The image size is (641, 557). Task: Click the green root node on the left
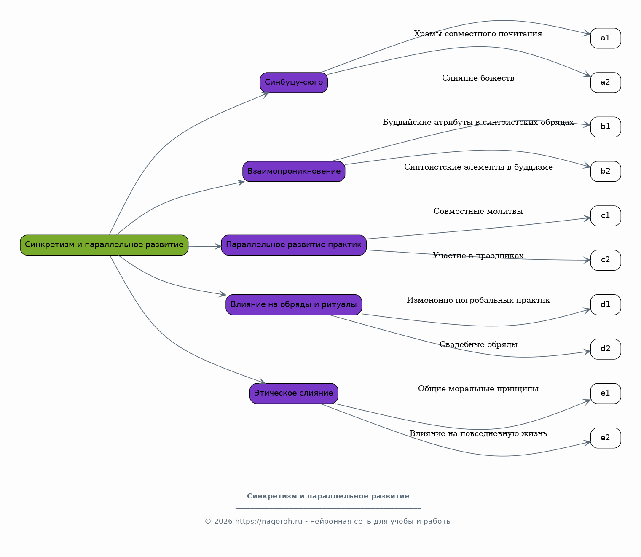[104, 245]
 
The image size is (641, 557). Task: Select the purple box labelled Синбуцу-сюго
[294, 83]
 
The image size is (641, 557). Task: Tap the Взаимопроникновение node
[294, 172]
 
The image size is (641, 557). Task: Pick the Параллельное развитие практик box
[294, 245]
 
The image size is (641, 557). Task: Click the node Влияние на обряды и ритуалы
[294, 305]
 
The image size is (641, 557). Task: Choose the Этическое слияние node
[294, 393]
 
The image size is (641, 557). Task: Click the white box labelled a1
[605, 38]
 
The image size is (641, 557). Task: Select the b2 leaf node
[605, 172]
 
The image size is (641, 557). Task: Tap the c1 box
[605, 216]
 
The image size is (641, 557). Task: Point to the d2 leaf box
[605, 349]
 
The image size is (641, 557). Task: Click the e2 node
[605, 438]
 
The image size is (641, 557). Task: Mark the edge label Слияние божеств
[478, 78]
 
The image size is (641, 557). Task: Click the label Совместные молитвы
[478, 211]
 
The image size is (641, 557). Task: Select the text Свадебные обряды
[478, 344]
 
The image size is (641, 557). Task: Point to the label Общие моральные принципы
[478, 389]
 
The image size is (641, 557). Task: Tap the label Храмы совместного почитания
[478, 34]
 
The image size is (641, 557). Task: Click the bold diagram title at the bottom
[328, 496]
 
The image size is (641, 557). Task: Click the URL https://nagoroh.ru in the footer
[268, 521]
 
